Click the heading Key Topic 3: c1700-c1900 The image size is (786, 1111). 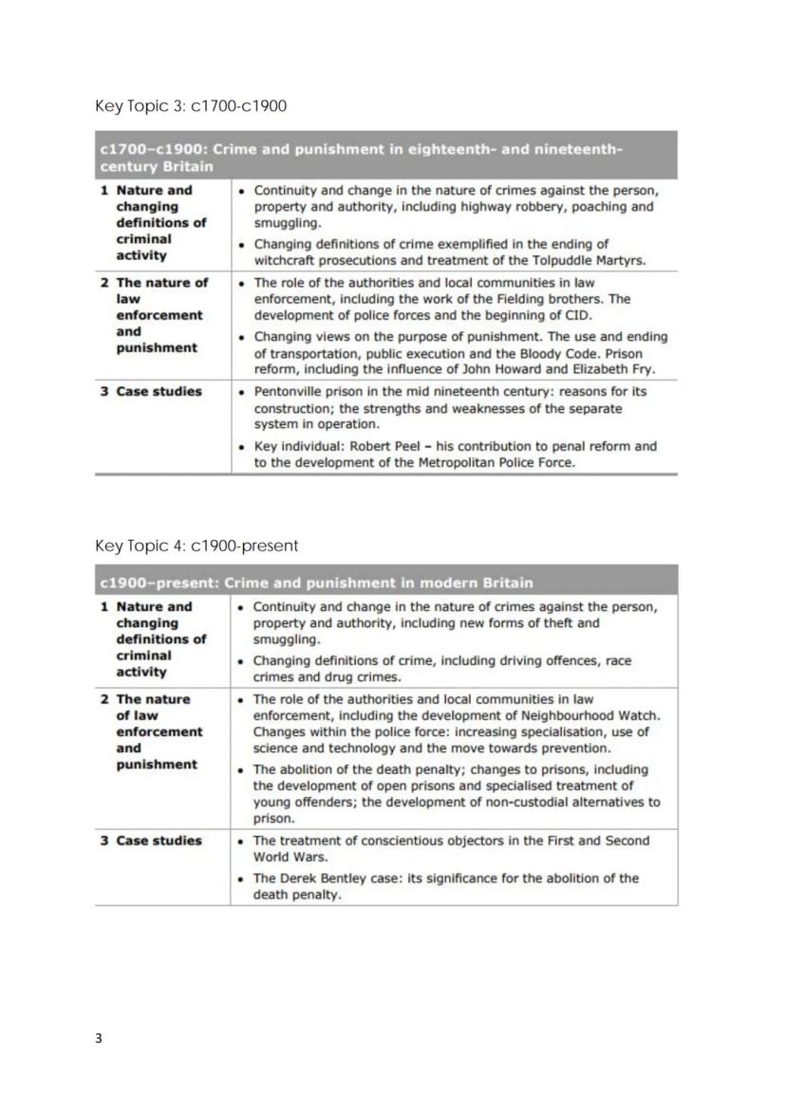point(190,105)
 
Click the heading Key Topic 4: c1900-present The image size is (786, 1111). point(196,546)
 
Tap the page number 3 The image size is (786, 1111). point(99,1038)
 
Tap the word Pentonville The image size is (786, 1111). point(289,391)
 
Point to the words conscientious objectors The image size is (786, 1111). point(445,841)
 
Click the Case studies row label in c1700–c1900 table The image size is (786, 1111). point(158,391)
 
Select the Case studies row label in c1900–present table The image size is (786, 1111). point(158,841)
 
